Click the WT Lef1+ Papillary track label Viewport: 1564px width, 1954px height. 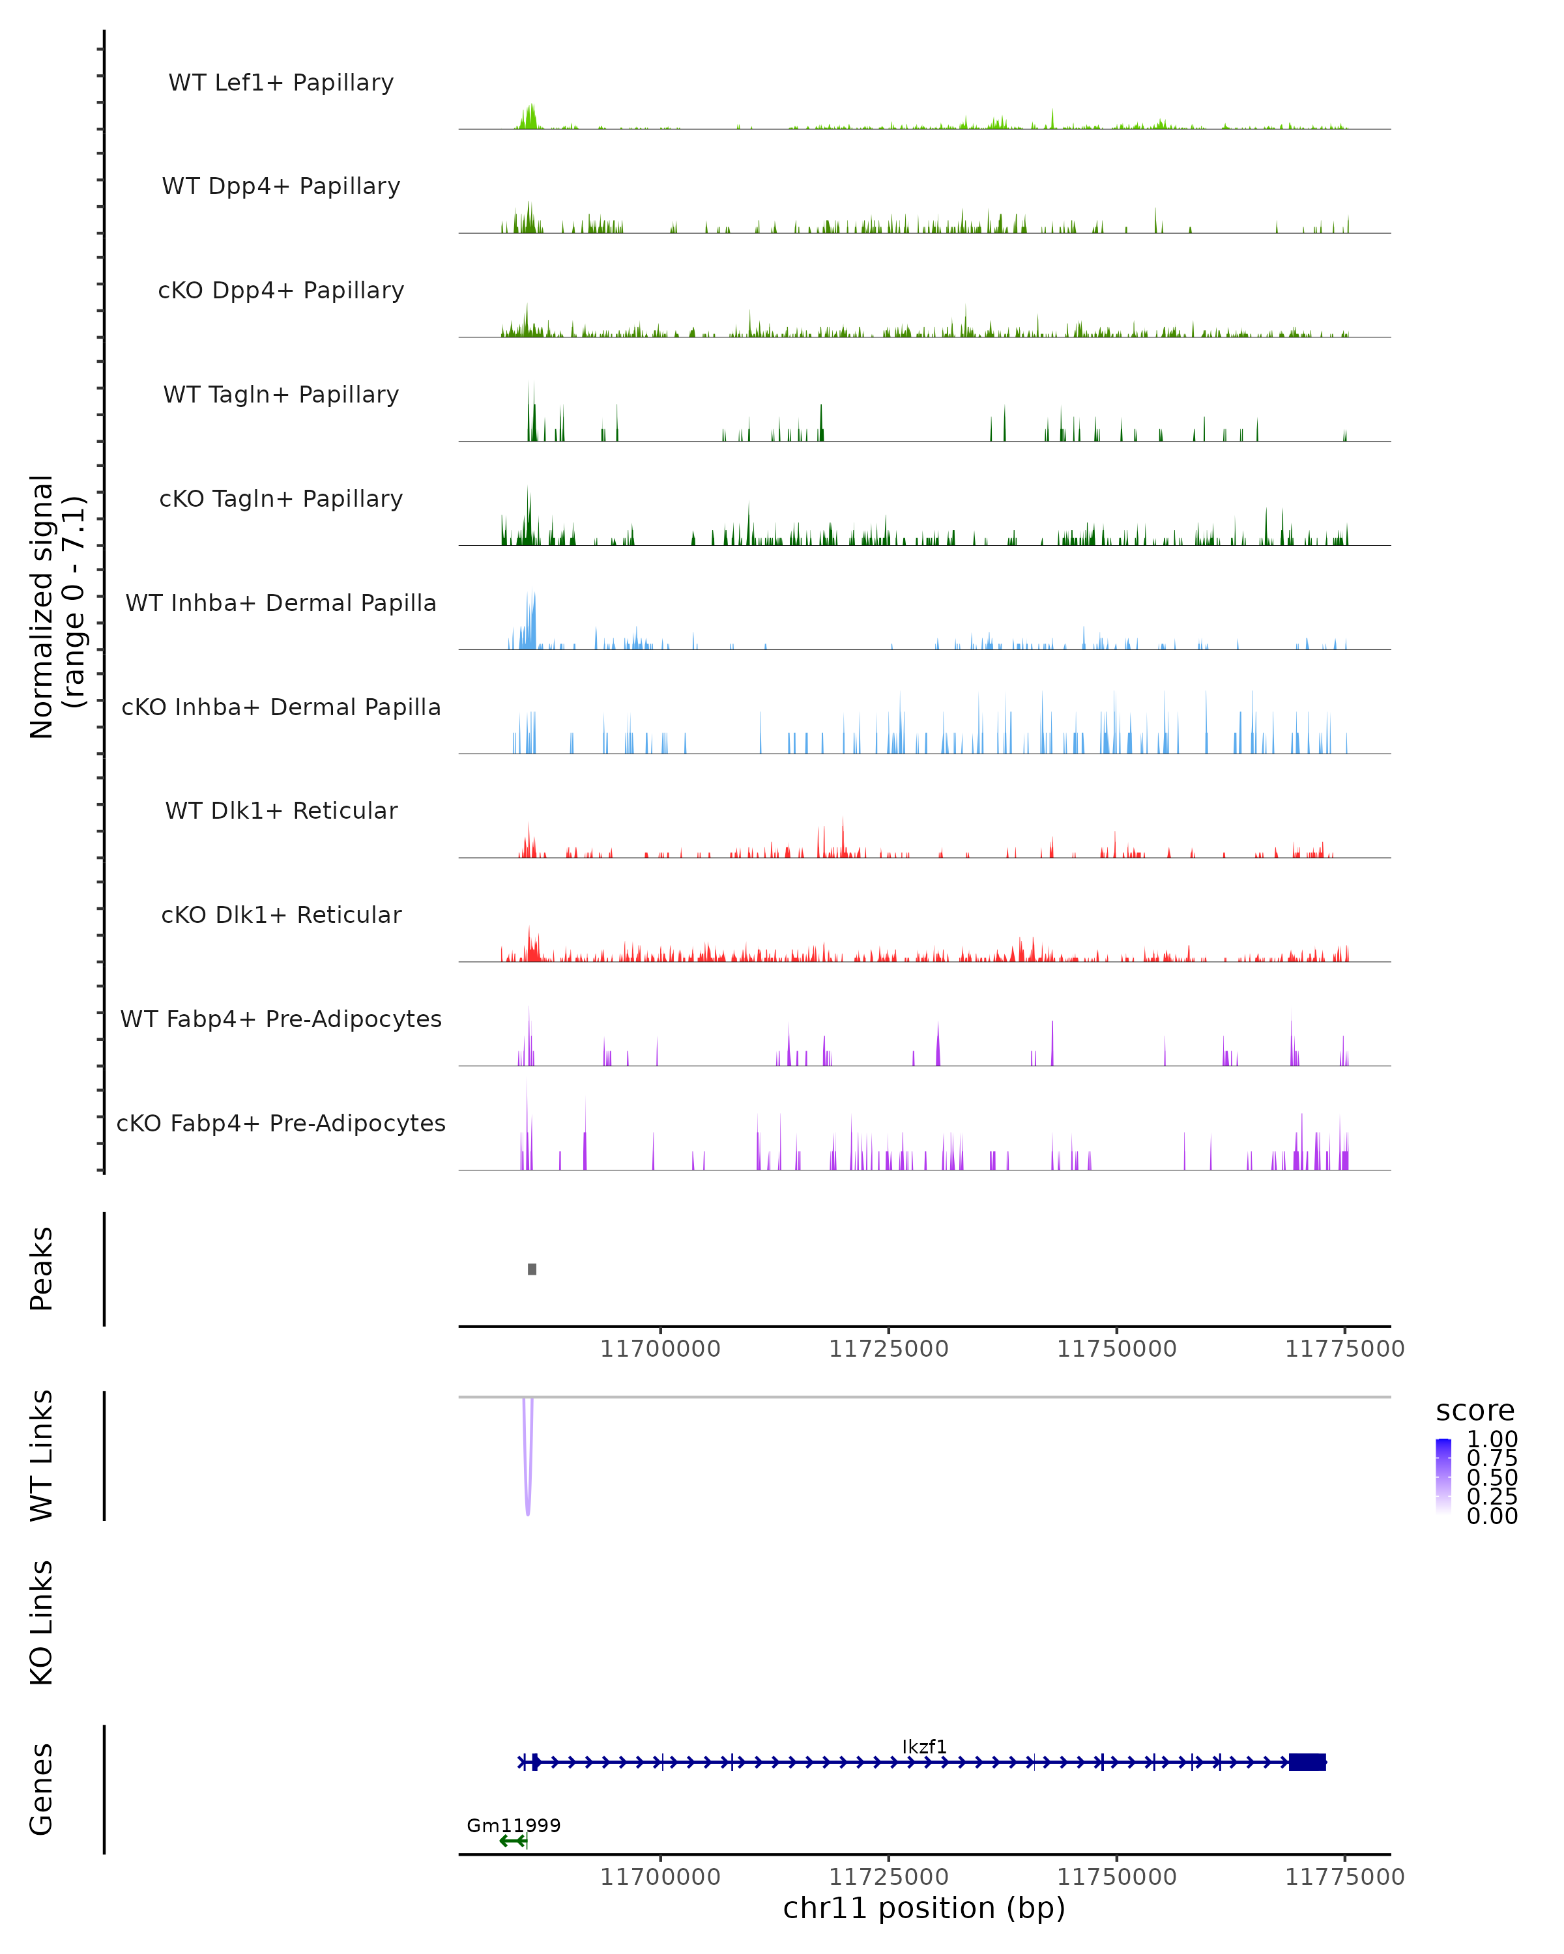[x=281, y=83]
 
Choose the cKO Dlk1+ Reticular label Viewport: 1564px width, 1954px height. [x=281, y=914]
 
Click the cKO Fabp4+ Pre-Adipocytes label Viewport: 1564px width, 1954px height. [x=281, y=1123]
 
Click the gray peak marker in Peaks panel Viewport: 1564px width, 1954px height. [x=532, y=1269]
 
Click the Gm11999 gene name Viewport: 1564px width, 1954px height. [x=513, y=1825]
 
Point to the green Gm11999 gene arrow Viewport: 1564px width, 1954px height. [x=512, y=1841]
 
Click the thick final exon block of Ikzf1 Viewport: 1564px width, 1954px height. [x=1307, y=1762]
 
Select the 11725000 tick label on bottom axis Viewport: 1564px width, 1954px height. [x=888, y=1877]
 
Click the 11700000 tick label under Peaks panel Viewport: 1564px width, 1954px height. [x=660, y=1349]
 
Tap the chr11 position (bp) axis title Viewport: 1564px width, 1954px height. [x=924, y=1908]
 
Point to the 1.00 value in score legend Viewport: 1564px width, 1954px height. [x=1492, y=1439]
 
